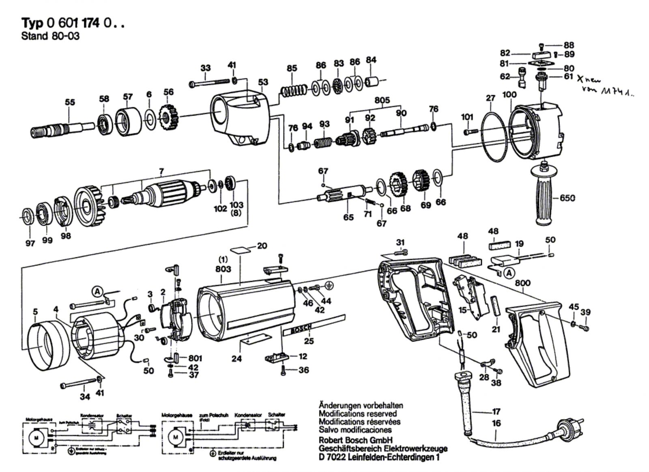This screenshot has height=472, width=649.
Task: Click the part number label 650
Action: (567, 198)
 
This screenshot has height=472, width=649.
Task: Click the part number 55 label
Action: (70, 102)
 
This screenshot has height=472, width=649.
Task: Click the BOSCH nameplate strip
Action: (298, 329)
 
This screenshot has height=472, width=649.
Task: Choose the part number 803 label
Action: (223, 269)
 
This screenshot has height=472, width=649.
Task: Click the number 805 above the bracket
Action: (382, 100)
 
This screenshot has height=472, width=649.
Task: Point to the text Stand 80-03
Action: (50, 36)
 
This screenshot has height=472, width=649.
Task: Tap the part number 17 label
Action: (496, 411)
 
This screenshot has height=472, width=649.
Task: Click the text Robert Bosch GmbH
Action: (355, 440)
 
